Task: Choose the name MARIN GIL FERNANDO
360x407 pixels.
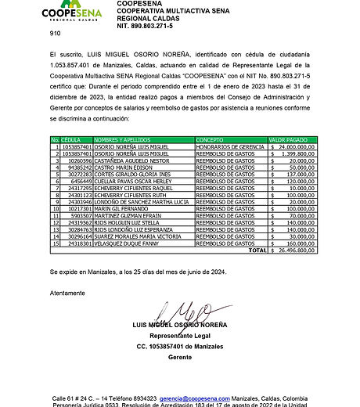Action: (122, 209)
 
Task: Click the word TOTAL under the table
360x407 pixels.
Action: (257, 250)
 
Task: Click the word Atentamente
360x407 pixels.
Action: (67, 293)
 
